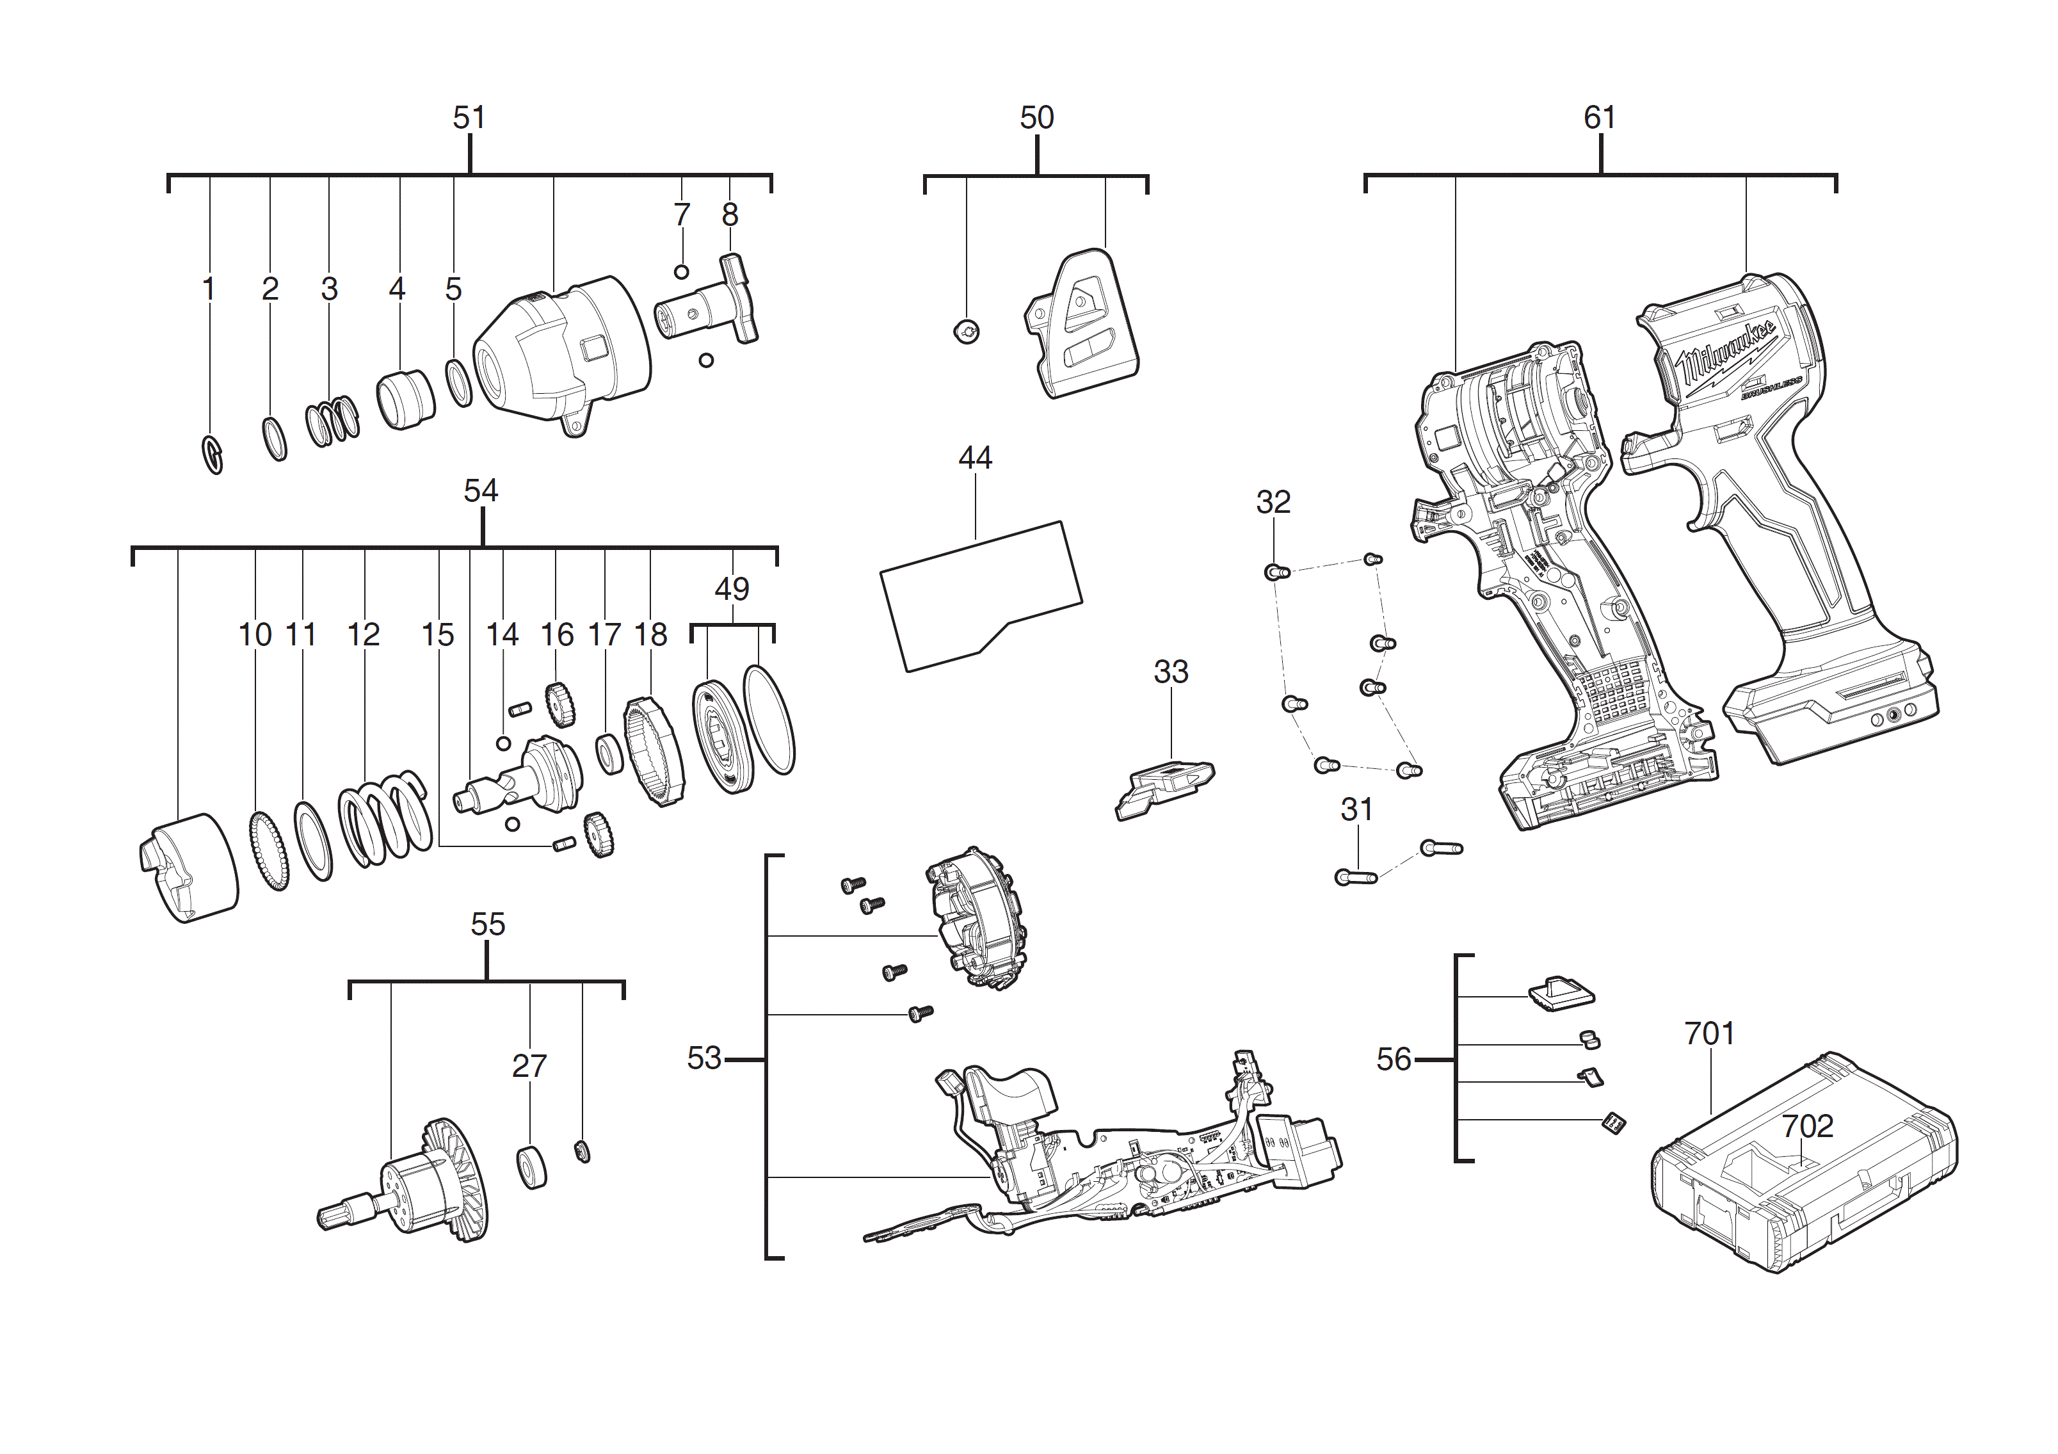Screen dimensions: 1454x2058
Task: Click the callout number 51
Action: tap(469, 117)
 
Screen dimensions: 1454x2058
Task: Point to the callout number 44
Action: tap(975, 458)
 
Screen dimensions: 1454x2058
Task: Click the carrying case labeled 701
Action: tap(1802, 1183)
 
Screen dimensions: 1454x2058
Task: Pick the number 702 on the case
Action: tap(1806, 1126)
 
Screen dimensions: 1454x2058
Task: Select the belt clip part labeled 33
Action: tap(1164, 786)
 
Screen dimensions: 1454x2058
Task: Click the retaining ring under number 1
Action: tap(213, 455)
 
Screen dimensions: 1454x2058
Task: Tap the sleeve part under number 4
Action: tap(405, 400)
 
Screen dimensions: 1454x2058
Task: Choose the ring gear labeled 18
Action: tap(654, 751)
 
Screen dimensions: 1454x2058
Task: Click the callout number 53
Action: tap(703, 1059)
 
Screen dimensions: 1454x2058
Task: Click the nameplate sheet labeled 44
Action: tap(981, 595)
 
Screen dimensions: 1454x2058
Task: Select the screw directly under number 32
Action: tap(1276, 571)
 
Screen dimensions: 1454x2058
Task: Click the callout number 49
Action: tap(732, 589)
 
